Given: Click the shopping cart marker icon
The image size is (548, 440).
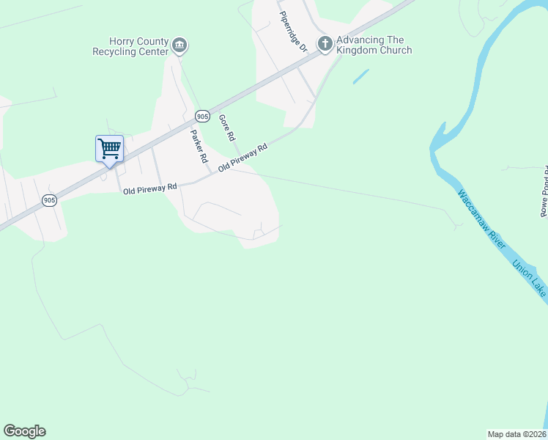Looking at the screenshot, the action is tap(109, 148).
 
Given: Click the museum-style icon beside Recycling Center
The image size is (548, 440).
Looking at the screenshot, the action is tap(179, 47).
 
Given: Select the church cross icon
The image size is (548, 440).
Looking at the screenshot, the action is tap(325, 45).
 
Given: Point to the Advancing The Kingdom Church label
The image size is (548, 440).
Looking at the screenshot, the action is tap(373, 45).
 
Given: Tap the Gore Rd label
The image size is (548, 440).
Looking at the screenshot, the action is tap(227, 128).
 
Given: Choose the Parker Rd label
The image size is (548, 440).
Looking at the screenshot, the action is tap(199, 146).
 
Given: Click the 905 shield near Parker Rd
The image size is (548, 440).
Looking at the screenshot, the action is tap(203, 116).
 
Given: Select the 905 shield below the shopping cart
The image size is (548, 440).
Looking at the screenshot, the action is tap(49, 200).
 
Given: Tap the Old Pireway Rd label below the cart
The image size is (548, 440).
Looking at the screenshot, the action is tap(150, 188).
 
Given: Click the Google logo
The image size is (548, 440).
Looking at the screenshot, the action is tap(24, 430).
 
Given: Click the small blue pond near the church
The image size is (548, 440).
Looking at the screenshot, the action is tap(360, 76).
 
